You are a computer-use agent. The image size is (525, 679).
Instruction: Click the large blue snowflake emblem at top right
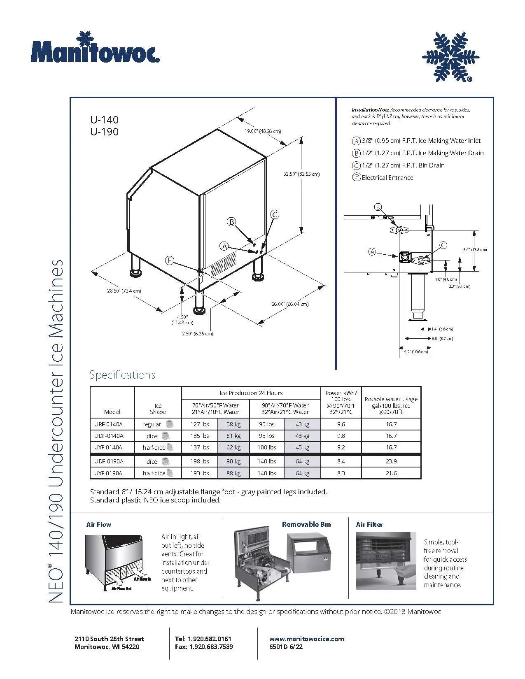[450, 57]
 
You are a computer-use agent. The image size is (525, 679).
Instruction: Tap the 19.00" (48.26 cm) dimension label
[262, 131]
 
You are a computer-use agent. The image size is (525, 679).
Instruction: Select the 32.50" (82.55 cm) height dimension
[301, 174]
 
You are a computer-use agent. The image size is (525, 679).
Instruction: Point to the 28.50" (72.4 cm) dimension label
[124, 291]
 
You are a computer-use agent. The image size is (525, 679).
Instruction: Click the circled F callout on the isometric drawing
[170, 260]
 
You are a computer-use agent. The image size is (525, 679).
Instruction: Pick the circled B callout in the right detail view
[378, 207]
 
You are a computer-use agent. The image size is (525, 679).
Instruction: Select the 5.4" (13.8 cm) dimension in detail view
[475, 250]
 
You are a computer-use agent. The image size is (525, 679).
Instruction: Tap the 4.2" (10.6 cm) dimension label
[415, 352]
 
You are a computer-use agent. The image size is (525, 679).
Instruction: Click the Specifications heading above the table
[122, 375]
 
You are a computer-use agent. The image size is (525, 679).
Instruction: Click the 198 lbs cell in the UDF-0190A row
[199, 462]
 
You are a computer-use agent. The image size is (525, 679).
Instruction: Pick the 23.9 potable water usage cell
[391, 462]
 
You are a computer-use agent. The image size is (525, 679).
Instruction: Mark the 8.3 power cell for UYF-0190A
[341, 474]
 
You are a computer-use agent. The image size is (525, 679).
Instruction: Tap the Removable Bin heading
[306, 524]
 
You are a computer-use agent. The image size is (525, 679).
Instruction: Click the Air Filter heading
[369, 524]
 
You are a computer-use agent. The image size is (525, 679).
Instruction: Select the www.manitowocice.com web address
[306, 639]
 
